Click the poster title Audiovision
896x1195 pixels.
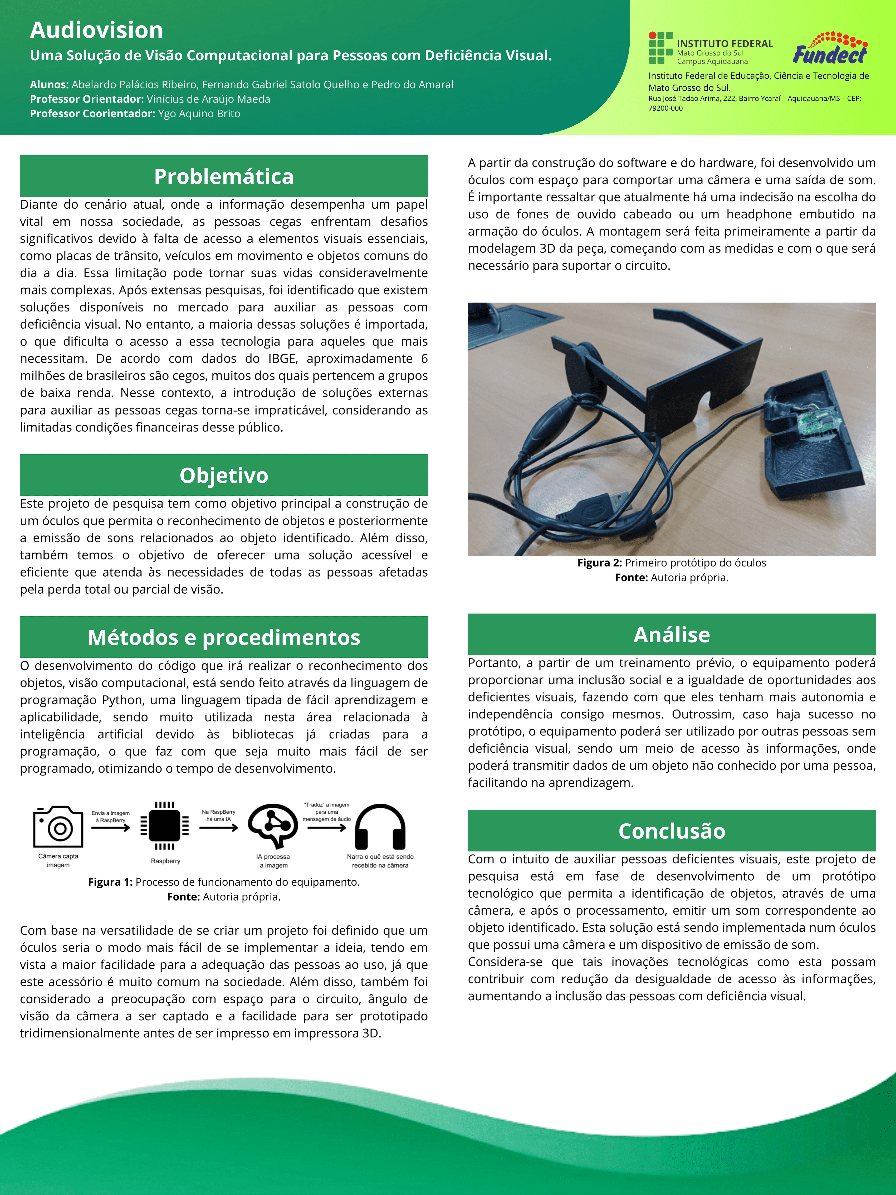(x=96, y=30)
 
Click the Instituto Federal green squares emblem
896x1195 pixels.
(x=660, y=47)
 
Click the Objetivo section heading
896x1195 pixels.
(x=224, y=475)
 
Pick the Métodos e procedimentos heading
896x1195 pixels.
(x=224, y=637)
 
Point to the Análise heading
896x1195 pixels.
(x=671, y=635)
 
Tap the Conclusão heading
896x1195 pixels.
(x=671, y=831)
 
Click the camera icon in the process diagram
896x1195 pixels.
(x=58, y=827)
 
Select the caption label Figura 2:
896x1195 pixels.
(x=600, y=563)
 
